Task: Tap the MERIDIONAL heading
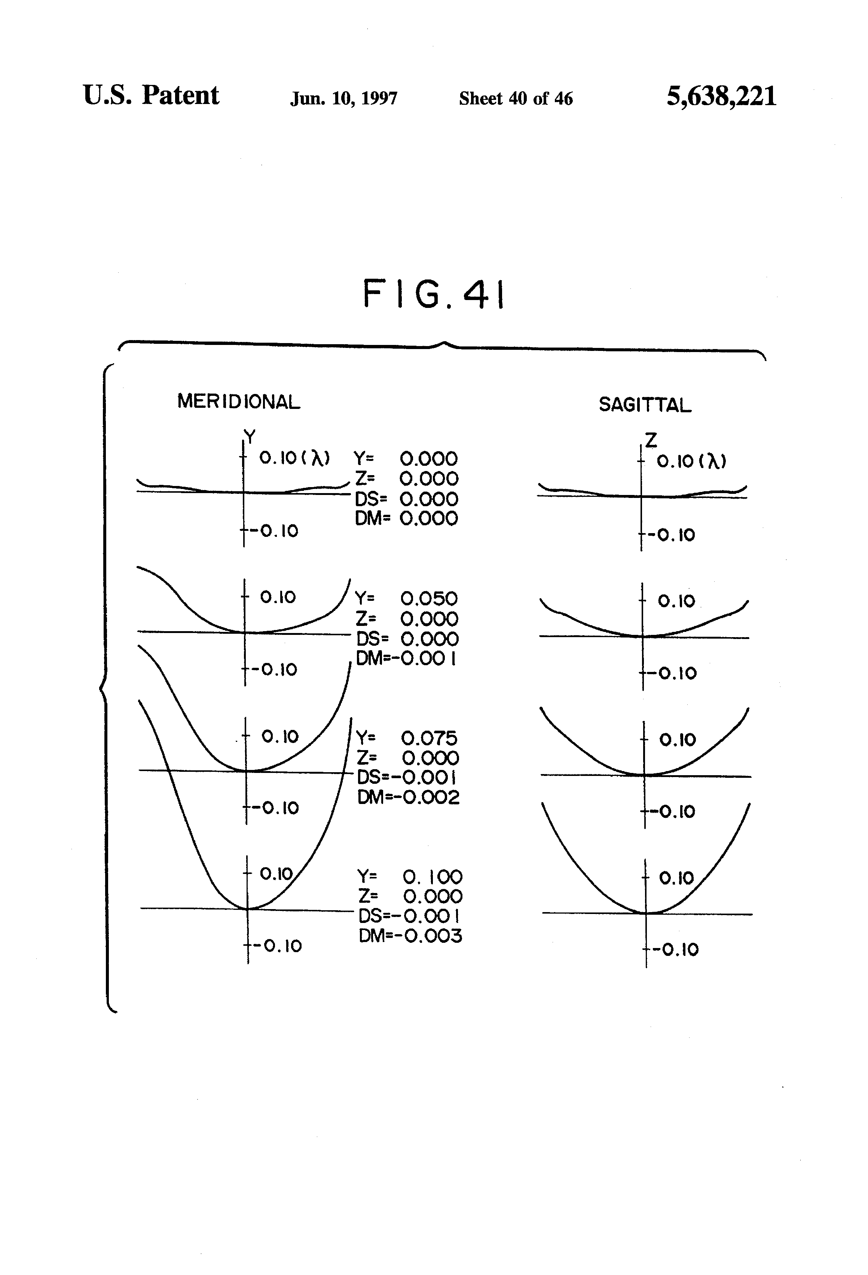coord(239,402)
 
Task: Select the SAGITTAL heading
coord(645,405)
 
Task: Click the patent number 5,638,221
coord(721,97)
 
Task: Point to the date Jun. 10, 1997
coord(343,98)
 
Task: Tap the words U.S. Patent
coord(151,95)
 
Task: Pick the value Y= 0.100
coord(409,877)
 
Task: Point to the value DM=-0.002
coord(408,797)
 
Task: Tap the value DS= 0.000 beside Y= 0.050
coord(407,639)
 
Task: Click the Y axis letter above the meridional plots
coord(250,437)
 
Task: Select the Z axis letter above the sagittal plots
coord(651,440)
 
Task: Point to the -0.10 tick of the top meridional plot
coord(274,531)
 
